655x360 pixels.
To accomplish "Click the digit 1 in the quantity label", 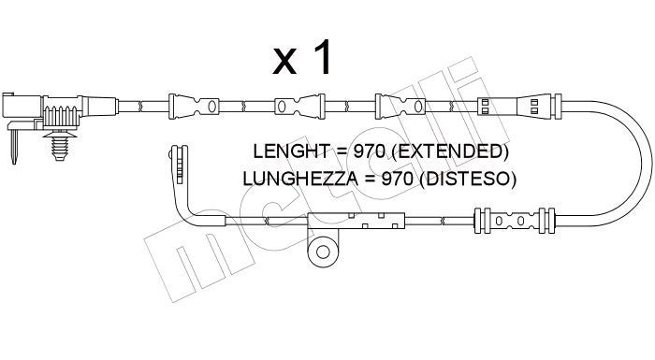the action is [x=321, y=59].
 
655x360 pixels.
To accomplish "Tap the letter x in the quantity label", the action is [x=283, y=64].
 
